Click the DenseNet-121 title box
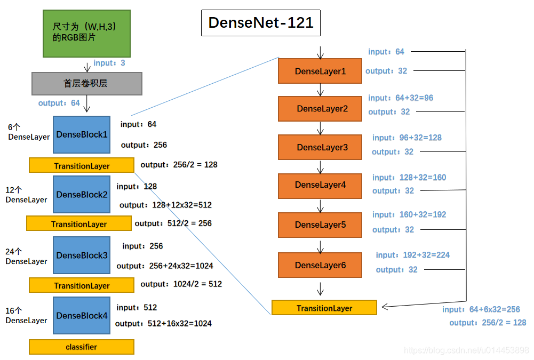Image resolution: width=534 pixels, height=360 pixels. [x=261, y=23]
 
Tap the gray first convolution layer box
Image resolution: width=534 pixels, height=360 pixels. [x=87, y=84]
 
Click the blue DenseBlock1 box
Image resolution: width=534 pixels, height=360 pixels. [x=82, y=134]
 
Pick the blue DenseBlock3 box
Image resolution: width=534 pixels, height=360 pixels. [x=82, y=255]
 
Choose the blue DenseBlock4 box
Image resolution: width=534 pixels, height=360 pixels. [x=82, y=316]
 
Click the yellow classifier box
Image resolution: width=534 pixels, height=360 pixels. [x=82, y=347]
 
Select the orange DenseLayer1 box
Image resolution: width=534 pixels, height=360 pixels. [x=320, y=71]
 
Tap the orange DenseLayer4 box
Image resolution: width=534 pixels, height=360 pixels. [x=320, y=185]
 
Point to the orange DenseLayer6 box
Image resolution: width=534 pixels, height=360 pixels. [x=320, y=265]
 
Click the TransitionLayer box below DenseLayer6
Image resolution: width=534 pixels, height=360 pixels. [x=324, y=308]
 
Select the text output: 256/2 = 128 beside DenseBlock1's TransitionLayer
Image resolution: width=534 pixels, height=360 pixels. [x=179, y=165]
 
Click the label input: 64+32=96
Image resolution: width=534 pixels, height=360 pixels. [x=401, y=98]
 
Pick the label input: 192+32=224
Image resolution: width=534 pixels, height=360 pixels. [x=412, y=255]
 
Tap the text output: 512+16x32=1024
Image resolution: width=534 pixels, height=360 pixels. [x=163, y=323]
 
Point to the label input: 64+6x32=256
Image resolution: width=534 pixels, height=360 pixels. [x=481, y=309]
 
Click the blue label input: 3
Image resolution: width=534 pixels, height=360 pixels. [x=109, y=63]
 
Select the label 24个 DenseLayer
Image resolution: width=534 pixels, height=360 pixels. [x=26, y=257]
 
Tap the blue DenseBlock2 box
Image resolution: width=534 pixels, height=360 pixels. [x=82, y=195]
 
